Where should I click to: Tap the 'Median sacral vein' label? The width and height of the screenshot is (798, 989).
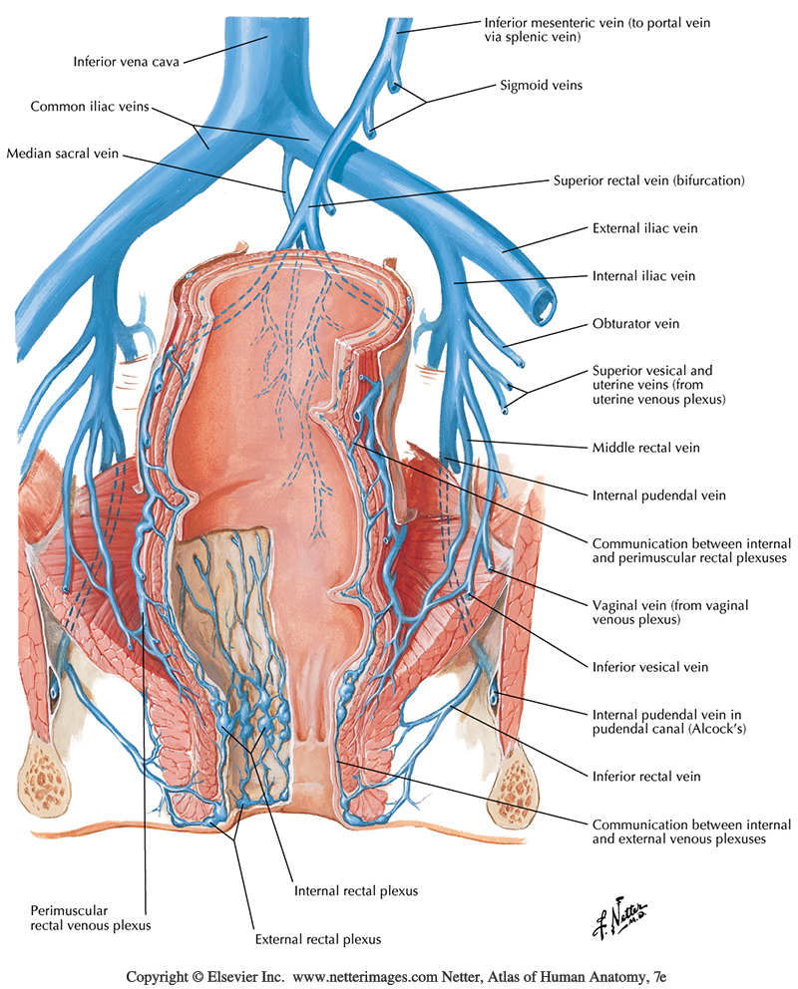62,154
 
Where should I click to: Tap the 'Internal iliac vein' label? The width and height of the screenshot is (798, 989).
643,275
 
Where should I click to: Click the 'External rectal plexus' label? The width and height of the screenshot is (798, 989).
318,938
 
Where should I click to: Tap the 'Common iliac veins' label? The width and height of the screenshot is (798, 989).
90,106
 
